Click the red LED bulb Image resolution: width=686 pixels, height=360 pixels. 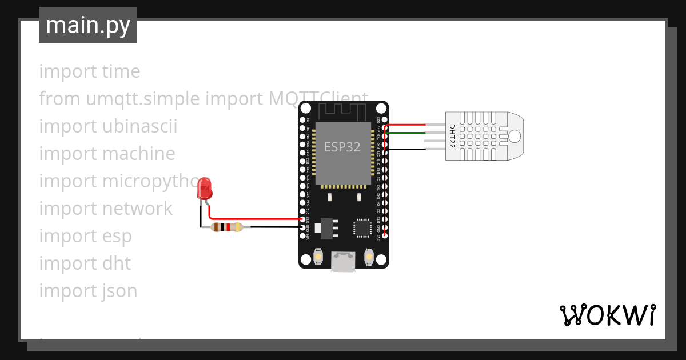[x=204, y=189]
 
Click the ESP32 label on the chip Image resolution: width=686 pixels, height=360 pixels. [x=342, y=147]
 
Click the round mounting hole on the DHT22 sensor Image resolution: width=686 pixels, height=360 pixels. [x=514, y=136]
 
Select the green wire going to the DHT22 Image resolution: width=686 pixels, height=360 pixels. [x=406, y=133]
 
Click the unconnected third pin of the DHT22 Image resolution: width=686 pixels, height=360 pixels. [x=434, y=141]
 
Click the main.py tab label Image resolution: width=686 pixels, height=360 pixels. [x=88, y=25]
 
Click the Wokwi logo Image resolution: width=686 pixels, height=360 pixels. [x=607, y=315]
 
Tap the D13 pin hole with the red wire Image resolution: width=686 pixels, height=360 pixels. [x=302, y=219]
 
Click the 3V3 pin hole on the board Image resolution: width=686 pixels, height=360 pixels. [x=385, y=235]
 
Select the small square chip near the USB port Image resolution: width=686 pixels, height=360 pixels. [x=362, y=228]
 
